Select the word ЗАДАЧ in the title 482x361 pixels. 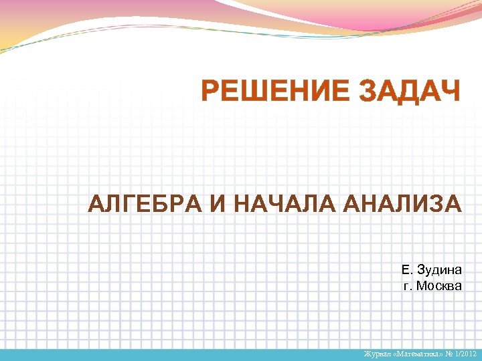point(410,91)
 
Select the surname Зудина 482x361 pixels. point(439,270)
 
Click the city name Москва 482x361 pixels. point(439,285)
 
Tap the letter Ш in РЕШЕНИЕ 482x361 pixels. point(258,91)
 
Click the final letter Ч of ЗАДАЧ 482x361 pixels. point(450,91)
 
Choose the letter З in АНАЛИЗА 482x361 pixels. point(436,203)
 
